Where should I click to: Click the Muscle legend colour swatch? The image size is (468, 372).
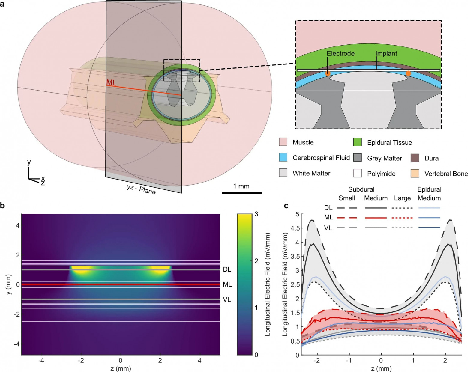[x=283, y=142]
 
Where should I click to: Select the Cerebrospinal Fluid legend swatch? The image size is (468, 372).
[x=283, y=158]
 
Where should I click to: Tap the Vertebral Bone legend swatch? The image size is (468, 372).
[x=415, y=173]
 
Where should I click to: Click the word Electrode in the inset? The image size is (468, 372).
[x=340, y=53]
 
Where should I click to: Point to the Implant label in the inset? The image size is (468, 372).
[x=386, y=53]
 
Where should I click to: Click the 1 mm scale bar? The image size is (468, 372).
[x=242, y=193]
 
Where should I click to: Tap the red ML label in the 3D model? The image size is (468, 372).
[x=111, y=82]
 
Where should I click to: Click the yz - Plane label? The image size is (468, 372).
[x=141, y=189]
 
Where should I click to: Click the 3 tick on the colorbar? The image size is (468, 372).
[x=256, y=214]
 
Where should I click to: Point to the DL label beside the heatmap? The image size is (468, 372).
[x=227, y=269]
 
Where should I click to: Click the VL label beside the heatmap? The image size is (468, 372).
[x=227, y=299]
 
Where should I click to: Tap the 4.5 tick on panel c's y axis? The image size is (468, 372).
[x=295, y=228]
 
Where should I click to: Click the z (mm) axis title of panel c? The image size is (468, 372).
[x=381, y=368]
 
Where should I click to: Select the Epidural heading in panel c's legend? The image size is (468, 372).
[x=429, y=189]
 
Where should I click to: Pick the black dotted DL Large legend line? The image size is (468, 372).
[x=402, y=208]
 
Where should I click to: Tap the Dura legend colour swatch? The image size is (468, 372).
[x=415, y=158]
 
